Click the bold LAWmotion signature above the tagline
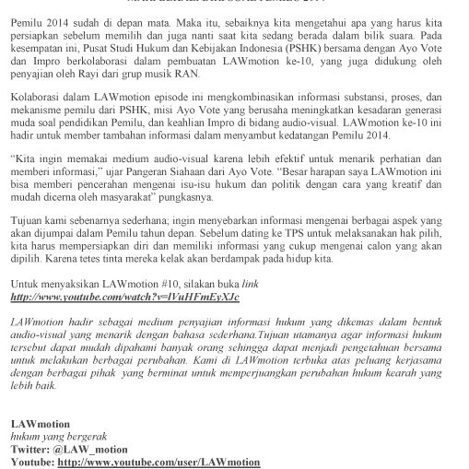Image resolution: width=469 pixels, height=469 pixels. pos(41,436)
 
